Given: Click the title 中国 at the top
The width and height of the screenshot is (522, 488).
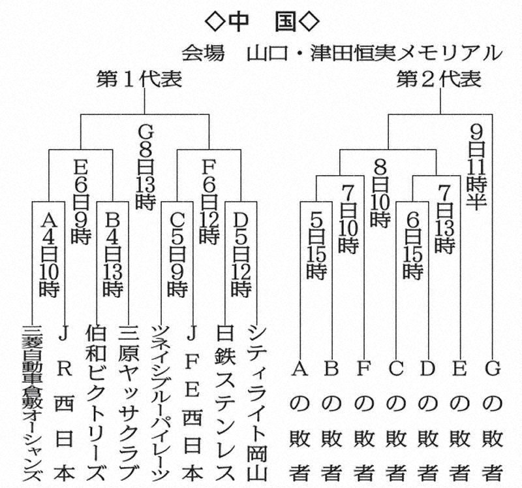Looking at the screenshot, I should [261, 20].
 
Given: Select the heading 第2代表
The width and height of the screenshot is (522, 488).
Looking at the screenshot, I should [439, 80].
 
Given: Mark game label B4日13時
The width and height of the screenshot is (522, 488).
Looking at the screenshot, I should [113, 252].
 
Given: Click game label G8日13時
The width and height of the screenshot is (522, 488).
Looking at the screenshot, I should [145, 167].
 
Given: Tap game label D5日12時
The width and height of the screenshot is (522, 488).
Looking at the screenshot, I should [241, 252].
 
